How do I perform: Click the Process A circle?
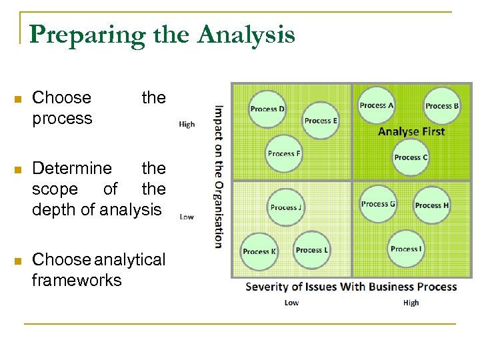click(x=377, y=105)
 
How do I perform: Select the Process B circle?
click(x=442, y=106)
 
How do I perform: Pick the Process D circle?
click(x=267, y=109)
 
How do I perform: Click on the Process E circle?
click(x=321, y=121)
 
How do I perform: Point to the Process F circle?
click(x=284, y=154)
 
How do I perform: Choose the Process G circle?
click(x=378, y=204)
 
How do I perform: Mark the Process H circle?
click(x=432, y=205)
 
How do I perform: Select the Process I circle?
click(x=405, y=249)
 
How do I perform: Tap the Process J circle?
click(x=286, y=207)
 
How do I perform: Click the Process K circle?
click(x=259, y=251)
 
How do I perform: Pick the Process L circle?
click(x=311, y=250)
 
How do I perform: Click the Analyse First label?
click(x=411, y=131)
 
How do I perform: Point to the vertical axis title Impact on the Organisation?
click(x=219, y=177)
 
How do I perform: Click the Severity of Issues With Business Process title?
click(x=351, y=287)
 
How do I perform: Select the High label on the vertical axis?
click(x=187, y=124)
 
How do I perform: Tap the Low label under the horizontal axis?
click(x=291, y=303)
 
